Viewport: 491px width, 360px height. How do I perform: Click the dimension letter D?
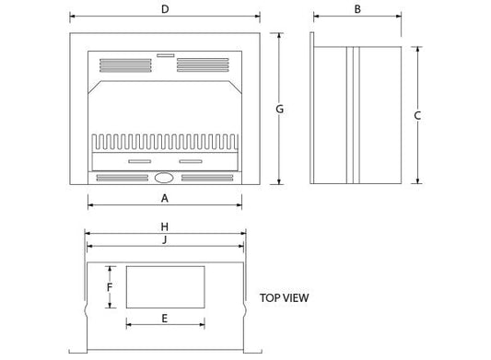click(x=164, y=9)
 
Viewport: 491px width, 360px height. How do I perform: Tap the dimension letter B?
click(x=357, y=9)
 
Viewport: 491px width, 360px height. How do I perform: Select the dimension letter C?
click(x=417, y=115)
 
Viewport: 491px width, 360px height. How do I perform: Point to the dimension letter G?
click(x=279, y=109)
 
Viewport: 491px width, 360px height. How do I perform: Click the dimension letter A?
click(x=165, y=198)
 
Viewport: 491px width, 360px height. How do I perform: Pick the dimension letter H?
click(x=164, y=226)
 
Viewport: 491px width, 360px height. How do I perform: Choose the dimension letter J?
click(x=164, y=240)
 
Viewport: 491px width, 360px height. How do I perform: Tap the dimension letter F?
click(x=110, y=286)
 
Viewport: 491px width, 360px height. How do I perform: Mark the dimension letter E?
click(x=165, y=319)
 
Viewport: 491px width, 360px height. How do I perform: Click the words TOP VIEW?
click(x=284, y=297)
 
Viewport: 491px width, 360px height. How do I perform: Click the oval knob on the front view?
click(x=165, y=179)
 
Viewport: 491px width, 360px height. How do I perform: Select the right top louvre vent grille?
click(x=204, y=64)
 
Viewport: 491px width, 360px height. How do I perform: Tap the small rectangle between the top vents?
click(x=165, y=56)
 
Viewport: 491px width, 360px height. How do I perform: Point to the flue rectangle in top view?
click(x=165, y=287)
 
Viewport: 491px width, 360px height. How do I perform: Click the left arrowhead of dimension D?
click(x=71, y=17)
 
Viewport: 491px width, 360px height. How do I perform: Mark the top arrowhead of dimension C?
click(x=417, y=48)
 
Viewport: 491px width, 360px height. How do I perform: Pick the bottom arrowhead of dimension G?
click(x=279, y=183)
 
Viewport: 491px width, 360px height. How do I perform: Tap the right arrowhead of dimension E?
click(x=203, y=324)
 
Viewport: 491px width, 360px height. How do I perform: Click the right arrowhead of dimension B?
click(x=400, y=17)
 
